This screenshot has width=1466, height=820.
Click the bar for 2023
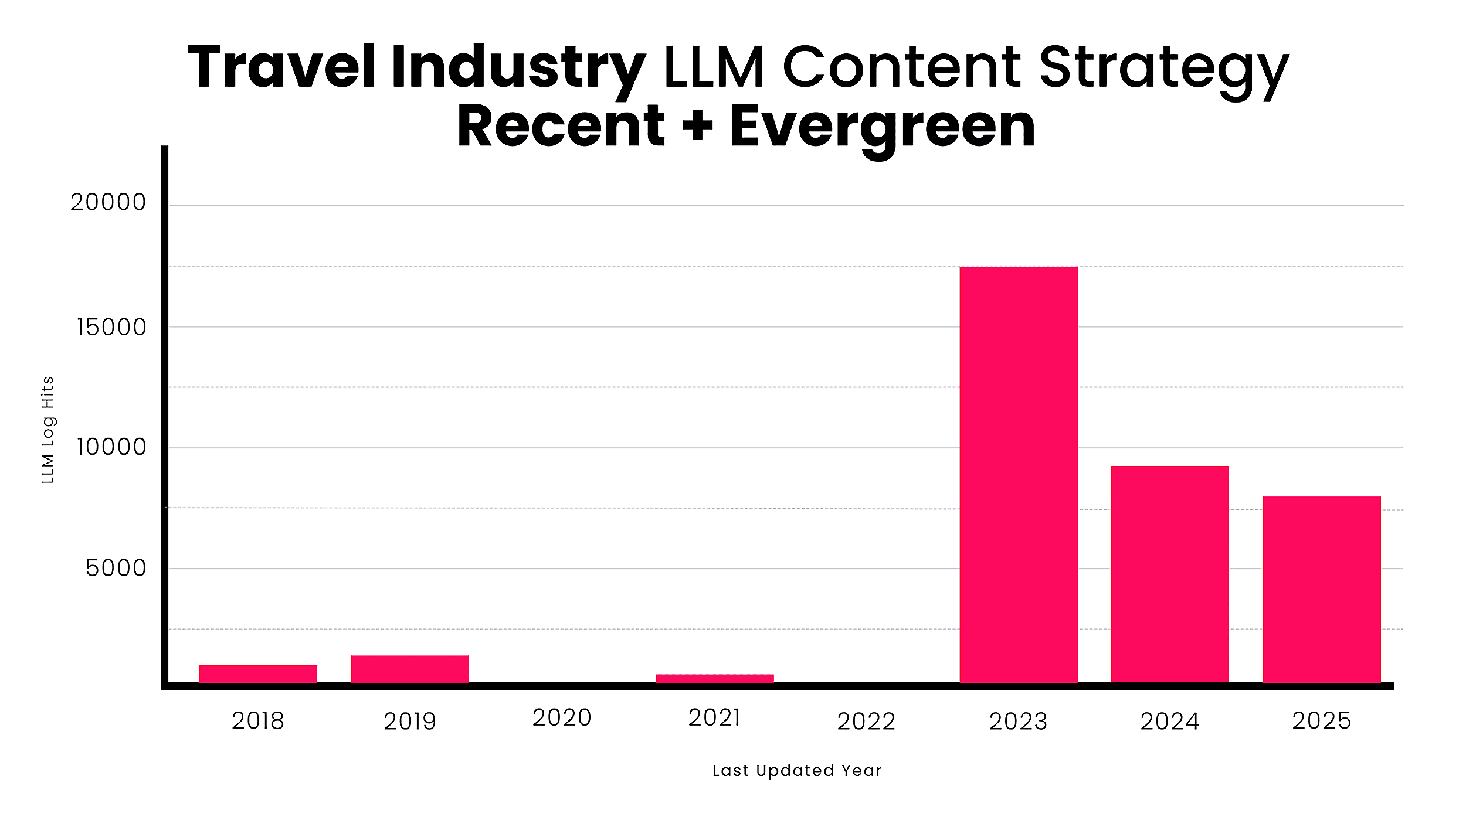pyautogui.click(x=1019, y=475)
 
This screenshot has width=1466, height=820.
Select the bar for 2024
pyautogui.click(x=1170, y=574)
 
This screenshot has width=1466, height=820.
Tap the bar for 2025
pyautogui.click(x=1322, y=590)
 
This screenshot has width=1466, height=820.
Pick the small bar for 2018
pyautogui.click(x=258, y=673)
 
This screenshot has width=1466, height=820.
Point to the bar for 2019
pyautogui.click(x=410, y=669)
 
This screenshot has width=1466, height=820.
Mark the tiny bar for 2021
pyautogui.click(x=715, y=679)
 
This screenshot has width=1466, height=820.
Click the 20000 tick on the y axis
pyautogui.click(x=108, y=202)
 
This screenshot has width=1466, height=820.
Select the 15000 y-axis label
pyautogui.click(x=111, y=327)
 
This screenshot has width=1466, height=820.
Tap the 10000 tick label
pyautogui.click(x=111, y=447)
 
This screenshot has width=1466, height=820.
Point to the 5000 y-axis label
pyautogui.click(x=116, y=568)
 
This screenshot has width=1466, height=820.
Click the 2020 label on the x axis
pyautogui.click(x=562, y=718)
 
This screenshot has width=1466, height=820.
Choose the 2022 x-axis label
pyautogui.click(x=866, y=722)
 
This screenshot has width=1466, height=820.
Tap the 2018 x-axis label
pyautogui.click(x=258, y=721)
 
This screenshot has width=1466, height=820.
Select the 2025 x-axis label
pyautogui.click(x=1322, y=721)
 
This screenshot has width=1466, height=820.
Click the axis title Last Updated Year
pyautogui.click(x=797, y=771)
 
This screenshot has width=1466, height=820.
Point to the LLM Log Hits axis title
pyautogui.click(x=48, y=430)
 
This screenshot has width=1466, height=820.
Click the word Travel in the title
pyautogui.click(x=281, y=67)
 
